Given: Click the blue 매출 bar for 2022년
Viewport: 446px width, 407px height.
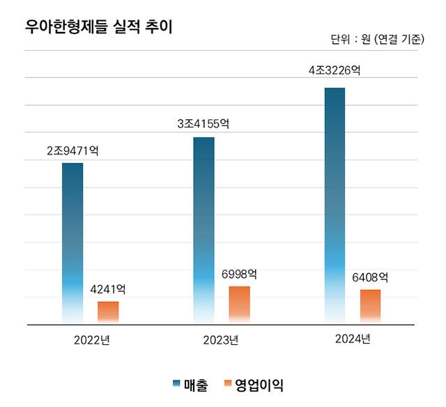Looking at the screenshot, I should click(x=72, y=243).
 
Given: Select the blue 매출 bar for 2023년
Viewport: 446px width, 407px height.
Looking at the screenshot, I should click(x=203, y=230).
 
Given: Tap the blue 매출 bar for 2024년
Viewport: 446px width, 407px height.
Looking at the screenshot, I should click(x=334, y=206).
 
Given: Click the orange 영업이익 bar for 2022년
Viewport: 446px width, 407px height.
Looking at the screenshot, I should click(x=108, y=312).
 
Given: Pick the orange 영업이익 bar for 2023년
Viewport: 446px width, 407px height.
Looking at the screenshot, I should click(x=239, y=305).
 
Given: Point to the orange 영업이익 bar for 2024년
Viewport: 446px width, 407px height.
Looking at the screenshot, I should click(x=370, y=306).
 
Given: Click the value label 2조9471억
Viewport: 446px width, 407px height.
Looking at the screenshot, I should click(x=72, y=150).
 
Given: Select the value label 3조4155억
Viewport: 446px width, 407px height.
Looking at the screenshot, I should click(x=203, y=124).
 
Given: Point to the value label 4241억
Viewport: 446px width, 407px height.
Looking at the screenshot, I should click(x=108, y=289).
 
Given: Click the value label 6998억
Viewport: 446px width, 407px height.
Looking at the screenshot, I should click(x=239, y=273).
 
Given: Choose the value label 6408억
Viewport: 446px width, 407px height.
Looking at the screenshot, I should click(x=370, y=277).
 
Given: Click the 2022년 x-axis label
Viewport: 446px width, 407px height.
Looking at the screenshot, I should click(x=91, y=340).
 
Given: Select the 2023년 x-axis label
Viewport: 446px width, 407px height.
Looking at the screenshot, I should click(x=221, y=340).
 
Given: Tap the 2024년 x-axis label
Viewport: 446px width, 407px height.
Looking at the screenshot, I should click(x=352, y=339).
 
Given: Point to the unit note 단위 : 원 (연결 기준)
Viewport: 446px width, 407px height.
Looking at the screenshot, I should click(x=377, y=40).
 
